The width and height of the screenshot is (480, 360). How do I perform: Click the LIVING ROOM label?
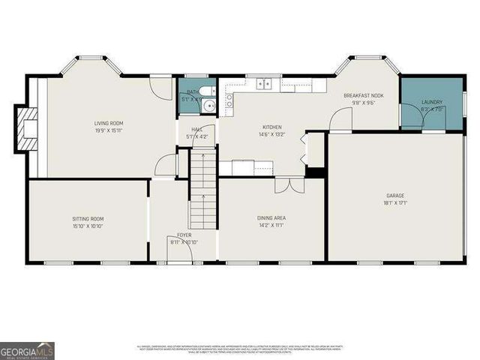tap(109, 123)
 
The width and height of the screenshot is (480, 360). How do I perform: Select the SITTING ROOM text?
tap(88, 219)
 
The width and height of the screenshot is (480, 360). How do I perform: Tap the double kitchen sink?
tap(263, 84)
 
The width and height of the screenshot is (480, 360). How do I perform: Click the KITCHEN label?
tap(271, 127)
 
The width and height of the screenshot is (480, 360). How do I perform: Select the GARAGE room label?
tap(394, 195)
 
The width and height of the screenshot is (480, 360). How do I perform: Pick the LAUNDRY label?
tap(432, 102)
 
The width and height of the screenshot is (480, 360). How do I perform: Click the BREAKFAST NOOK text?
tap(364, 96)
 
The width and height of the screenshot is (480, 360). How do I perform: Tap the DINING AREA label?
tap(271, 218)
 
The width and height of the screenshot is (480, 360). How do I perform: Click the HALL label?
tap(197, 129)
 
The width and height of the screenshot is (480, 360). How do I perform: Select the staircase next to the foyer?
tap(202, 187)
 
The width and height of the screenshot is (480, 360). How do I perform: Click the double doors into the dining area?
tap(283, 184)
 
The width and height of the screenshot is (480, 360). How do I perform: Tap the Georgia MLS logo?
tap(27, 350)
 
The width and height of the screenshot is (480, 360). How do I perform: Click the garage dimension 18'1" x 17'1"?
tap(394, 202)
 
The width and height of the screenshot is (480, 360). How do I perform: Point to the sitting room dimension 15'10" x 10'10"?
tap(88, 226)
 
